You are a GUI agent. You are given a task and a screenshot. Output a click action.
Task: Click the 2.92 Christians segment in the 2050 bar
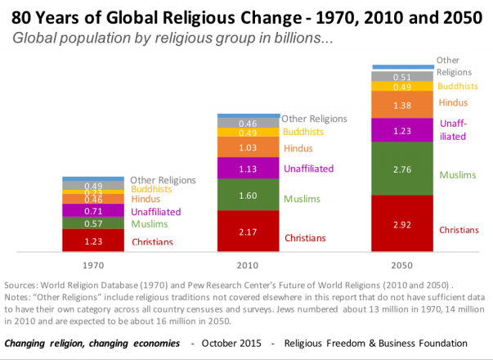(x=402, y=223)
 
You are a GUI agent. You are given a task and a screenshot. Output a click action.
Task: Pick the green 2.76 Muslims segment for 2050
(x=402, y=169)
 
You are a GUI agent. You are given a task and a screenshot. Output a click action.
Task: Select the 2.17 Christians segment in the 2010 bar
(x=248, y=232)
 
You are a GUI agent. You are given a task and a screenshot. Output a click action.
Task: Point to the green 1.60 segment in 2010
(x=248, y=195)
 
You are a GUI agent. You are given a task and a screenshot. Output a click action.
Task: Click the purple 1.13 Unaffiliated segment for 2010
(x=248, y=168)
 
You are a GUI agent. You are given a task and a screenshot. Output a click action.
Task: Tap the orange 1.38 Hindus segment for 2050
(x=402, y=105)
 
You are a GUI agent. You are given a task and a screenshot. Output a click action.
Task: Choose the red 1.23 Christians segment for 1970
(x=93, y=241)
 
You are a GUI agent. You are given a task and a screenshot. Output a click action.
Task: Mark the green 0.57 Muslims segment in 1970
(x=93, y=223)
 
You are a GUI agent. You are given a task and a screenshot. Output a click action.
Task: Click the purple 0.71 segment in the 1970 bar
(x=93, y=211)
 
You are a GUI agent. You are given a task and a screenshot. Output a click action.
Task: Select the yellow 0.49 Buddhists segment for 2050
(x=402, y=87)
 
